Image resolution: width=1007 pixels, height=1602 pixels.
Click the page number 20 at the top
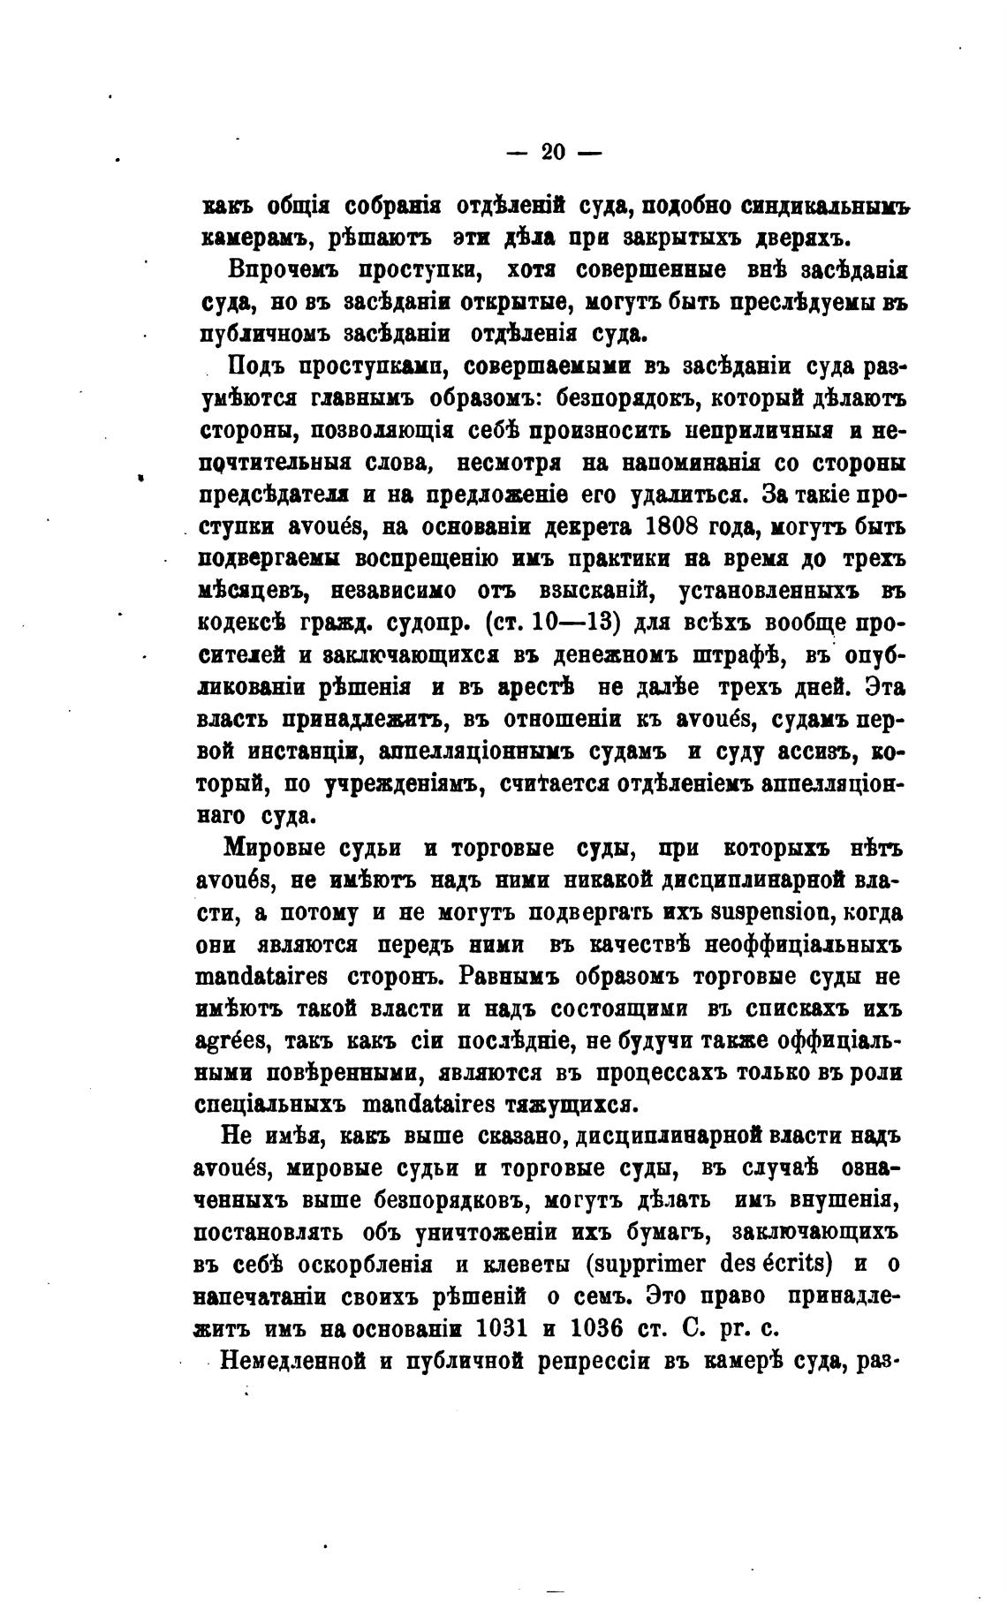(553, 152)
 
